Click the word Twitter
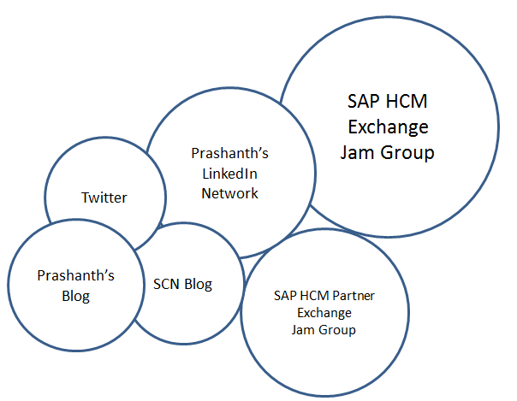[x=104, y=198]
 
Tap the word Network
[x=229, y=192]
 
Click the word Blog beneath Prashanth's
[x=75, y=296]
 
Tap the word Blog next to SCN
[x=197, y=285]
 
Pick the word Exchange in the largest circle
[x=388, y=127]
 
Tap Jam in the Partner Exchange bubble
[x=303, y=329]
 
